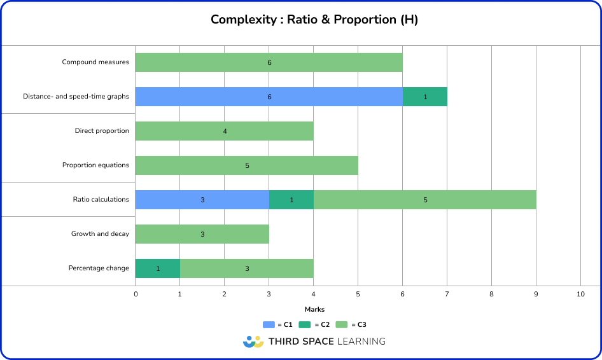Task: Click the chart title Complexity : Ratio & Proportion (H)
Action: [x=314, y=20]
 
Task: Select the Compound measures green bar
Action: [x=269, y=62]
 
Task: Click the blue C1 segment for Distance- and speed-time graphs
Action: [x=269, y=97]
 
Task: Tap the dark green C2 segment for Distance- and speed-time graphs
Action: [x=424, y=97]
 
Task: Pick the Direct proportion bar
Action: [x=224, y=131]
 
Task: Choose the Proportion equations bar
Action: [x=246, y=165]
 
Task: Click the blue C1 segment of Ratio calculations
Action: [x=202, y=200]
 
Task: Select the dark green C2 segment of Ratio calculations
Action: [x=291, y=200]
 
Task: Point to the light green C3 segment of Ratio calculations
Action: [x=424, y=200]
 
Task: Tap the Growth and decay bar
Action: [x=202, y=234]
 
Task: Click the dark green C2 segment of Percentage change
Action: [x=157, y=268]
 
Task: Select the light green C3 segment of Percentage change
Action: [x=246, y=268]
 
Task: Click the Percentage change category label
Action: [x=99, y=268]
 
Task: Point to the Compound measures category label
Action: [x=95, y=62]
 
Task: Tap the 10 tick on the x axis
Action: [x=580, y=294]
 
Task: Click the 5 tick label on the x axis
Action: [x=358, y=294]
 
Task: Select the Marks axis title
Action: [x=314, y=310]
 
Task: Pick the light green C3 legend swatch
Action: [x=341, y=324]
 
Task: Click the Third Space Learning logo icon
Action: [x=253, y=342]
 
